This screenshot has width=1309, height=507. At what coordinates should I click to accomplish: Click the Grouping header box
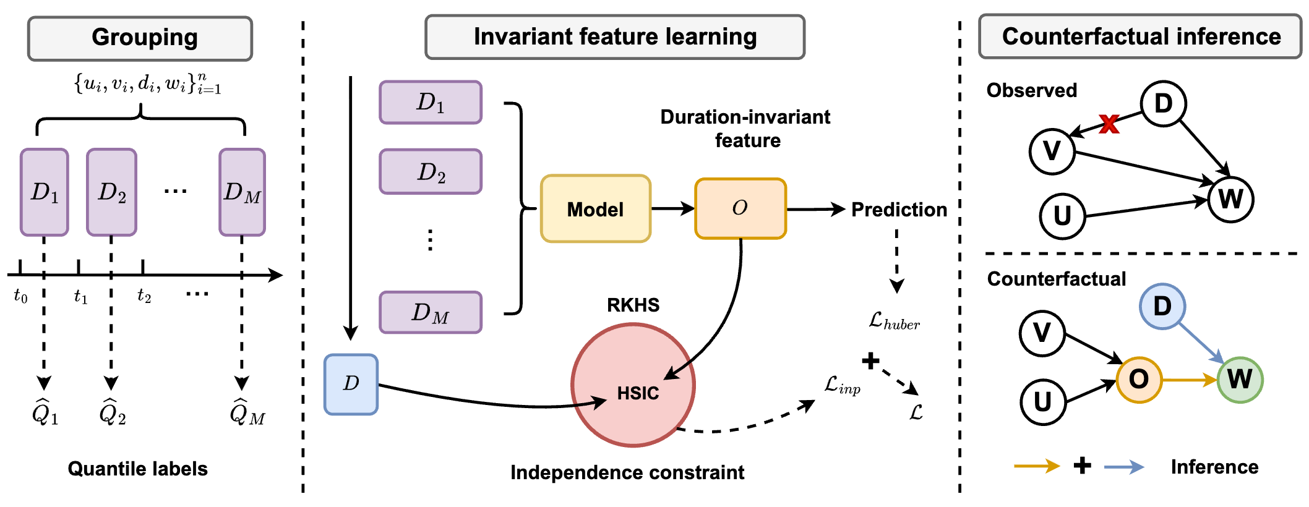140,38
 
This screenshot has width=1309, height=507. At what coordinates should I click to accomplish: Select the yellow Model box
595,209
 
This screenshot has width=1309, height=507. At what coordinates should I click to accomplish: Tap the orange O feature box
740,208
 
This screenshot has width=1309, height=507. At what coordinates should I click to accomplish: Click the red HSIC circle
632,385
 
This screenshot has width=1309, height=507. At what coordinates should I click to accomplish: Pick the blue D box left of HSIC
351,384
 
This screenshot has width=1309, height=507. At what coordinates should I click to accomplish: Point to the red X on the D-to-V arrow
1109,124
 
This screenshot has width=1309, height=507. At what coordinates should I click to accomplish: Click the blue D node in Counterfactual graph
1162,306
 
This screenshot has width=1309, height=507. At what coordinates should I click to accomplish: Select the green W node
1239,380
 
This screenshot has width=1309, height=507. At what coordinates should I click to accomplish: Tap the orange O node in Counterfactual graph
1138,380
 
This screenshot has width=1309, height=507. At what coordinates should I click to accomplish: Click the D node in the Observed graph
1163,103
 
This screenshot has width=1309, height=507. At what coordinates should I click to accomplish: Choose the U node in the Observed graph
1062,216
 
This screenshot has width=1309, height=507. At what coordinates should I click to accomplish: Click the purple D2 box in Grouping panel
111,192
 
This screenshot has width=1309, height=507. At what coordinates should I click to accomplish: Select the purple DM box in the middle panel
431,313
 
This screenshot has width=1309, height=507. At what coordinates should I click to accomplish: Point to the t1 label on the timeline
80,297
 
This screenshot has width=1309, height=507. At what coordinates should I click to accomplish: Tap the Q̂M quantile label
247,412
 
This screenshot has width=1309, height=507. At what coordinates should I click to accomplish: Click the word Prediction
899,210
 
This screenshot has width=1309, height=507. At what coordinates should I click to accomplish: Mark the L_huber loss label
894,321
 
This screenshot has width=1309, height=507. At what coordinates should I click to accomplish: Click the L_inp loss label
842,385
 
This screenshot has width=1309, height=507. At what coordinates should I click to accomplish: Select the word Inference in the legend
1214,467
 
